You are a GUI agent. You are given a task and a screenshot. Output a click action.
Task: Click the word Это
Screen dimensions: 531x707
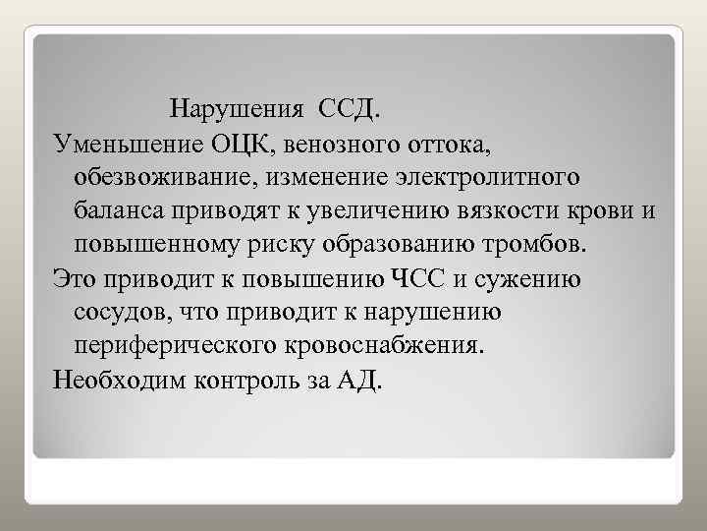[75, 279]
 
